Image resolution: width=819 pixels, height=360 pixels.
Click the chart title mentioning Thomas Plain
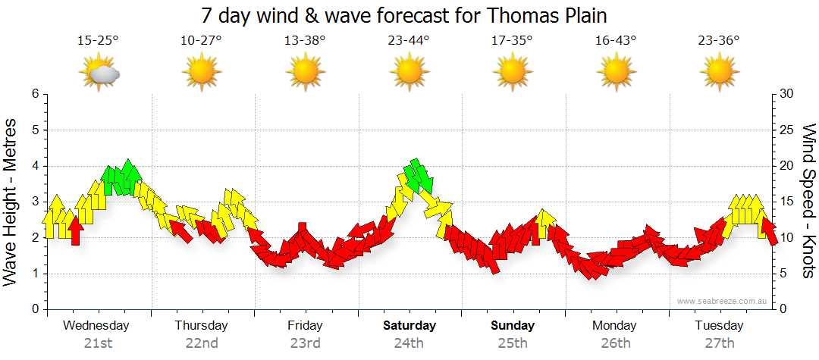(405, 15)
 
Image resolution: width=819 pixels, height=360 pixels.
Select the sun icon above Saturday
(409, 74)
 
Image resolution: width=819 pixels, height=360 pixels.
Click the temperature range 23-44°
(409, 40)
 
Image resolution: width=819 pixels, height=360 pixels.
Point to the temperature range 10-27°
(202, 40)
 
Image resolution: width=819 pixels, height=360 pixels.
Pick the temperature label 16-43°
(616, 40)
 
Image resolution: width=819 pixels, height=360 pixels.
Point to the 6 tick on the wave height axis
(34, 94)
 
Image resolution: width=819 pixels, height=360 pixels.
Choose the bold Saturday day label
(409, 326)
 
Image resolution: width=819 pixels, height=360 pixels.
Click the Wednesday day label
(96, 326)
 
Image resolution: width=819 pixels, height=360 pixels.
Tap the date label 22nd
(202, 343)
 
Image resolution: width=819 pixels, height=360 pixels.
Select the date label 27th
(719, 343)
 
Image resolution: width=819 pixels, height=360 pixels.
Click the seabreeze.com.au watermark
(723, 301)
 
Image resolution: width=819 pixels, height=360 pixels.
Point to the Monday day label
(615, 326)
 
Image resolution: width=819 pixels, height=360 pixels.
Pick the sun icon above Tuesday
(719, 74)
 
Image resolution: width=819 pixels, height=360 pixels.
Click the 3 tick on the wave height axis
(34, 202)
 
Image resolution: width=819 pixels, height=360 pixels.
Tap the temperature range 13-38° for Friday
(305, 40)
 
